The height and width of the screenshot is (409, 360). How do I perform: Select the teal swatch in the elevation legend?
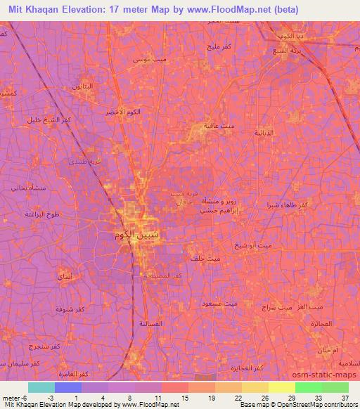41,387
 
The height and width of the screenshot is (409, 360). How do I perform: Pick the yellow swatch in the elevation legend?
281,387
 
